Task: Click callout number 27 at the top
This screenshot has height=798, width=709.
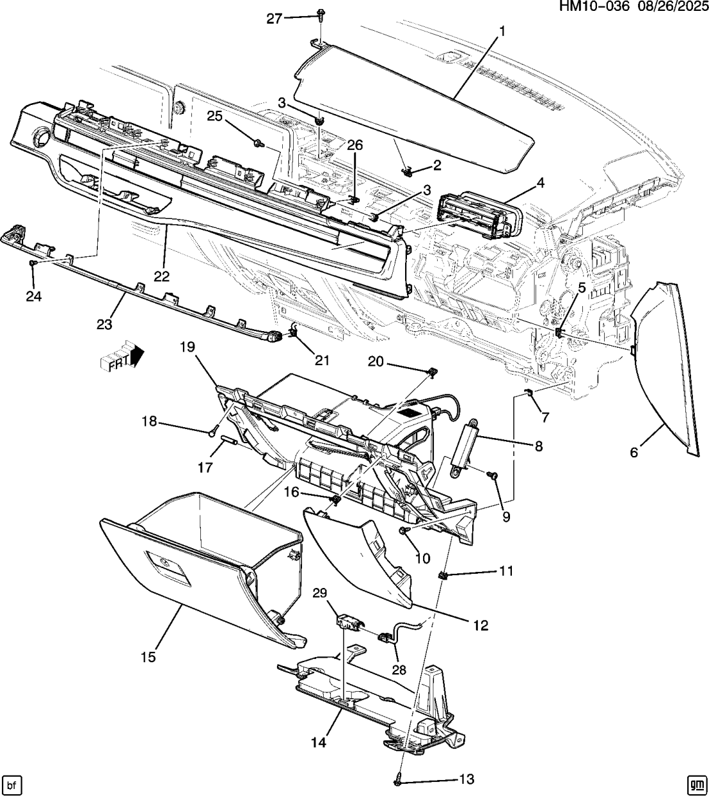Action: pyautogui.click(x=274, y=19)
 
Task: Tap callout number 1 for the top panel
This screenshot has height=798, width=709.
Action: pyautogui.click(x=502, y=30)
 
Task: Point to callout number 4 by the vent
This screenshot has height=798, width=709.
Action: pyautogui.click(x=540, y=183)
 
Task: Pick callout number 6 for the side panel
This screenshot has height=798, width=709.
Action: pyautogui.click(x=633, y=452)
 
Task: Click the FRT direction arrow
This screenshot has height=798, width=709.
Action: pyautogui.click(x=122, y=355)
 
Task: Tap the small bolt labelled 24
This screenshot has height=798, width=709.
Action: pyautogui.click(x=33, y=263)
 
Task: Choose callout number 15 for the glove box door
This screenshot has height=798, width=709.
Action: pyautogui.click(x=148, y=657)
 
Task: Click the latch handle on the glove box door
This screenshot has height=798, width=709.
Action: pyautogui.click(x=168, y=567)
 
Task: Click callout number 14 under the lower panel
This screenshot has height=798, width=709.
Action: pyautogui.click(x=319, y=742)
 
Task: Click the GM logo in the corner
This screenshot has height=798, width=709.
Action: pyautogui.click(x=696, y=784)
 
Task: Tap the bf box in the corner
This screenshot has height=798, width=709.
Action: pyautogui.click(x=12, y=784)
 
